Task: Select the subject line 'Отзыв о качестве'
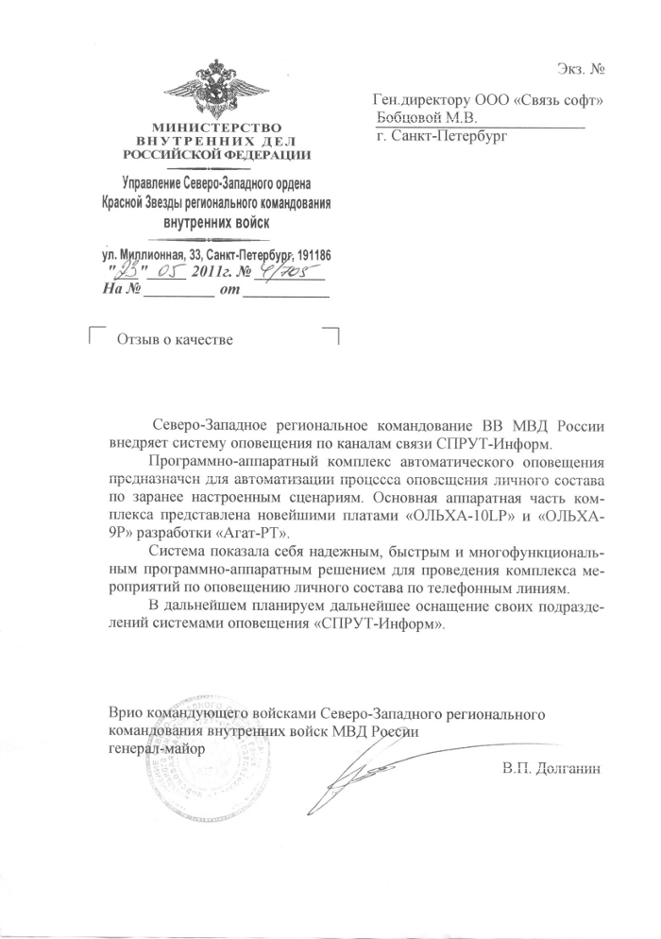(174, 339)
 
